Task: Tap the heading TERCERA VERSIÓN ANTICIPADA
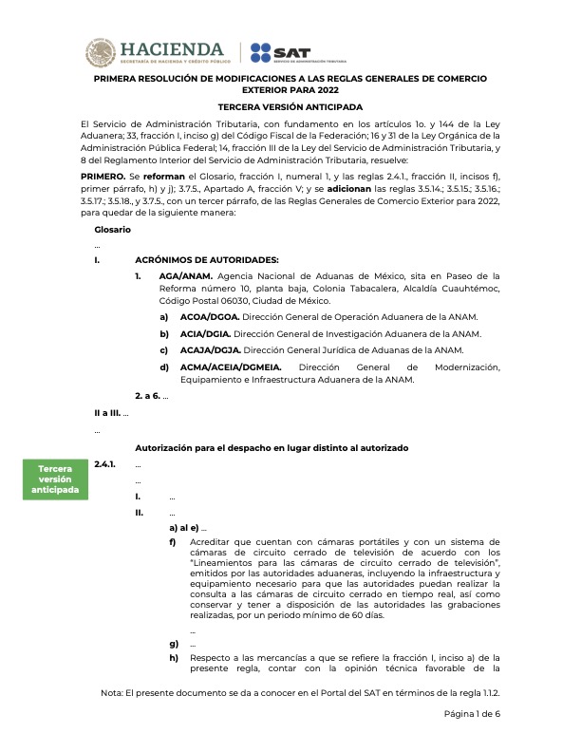point(290,108)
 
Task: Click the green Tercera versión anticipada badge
point(55,479)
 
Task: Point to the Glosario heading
point(113,230)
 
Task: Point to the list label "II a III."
point(109,414)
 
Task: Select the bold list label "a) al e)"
point(184,527)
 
